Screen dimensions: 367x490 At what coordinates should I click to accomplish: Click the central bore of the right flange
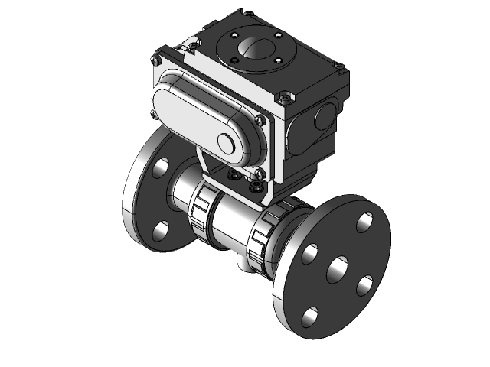click(338, 270)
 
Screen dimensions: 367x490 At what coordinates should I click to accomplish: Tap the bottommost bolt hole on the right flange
click(310, 314)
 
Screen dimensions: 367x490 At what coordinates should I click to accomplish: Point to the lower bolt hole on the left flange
click(161, 229)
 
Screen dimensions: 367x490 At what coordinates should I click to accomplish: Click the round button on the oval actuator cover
click(227, 144)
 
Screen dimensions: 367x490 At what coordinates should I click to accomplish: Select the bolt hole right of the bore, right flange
click(365, 285)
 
